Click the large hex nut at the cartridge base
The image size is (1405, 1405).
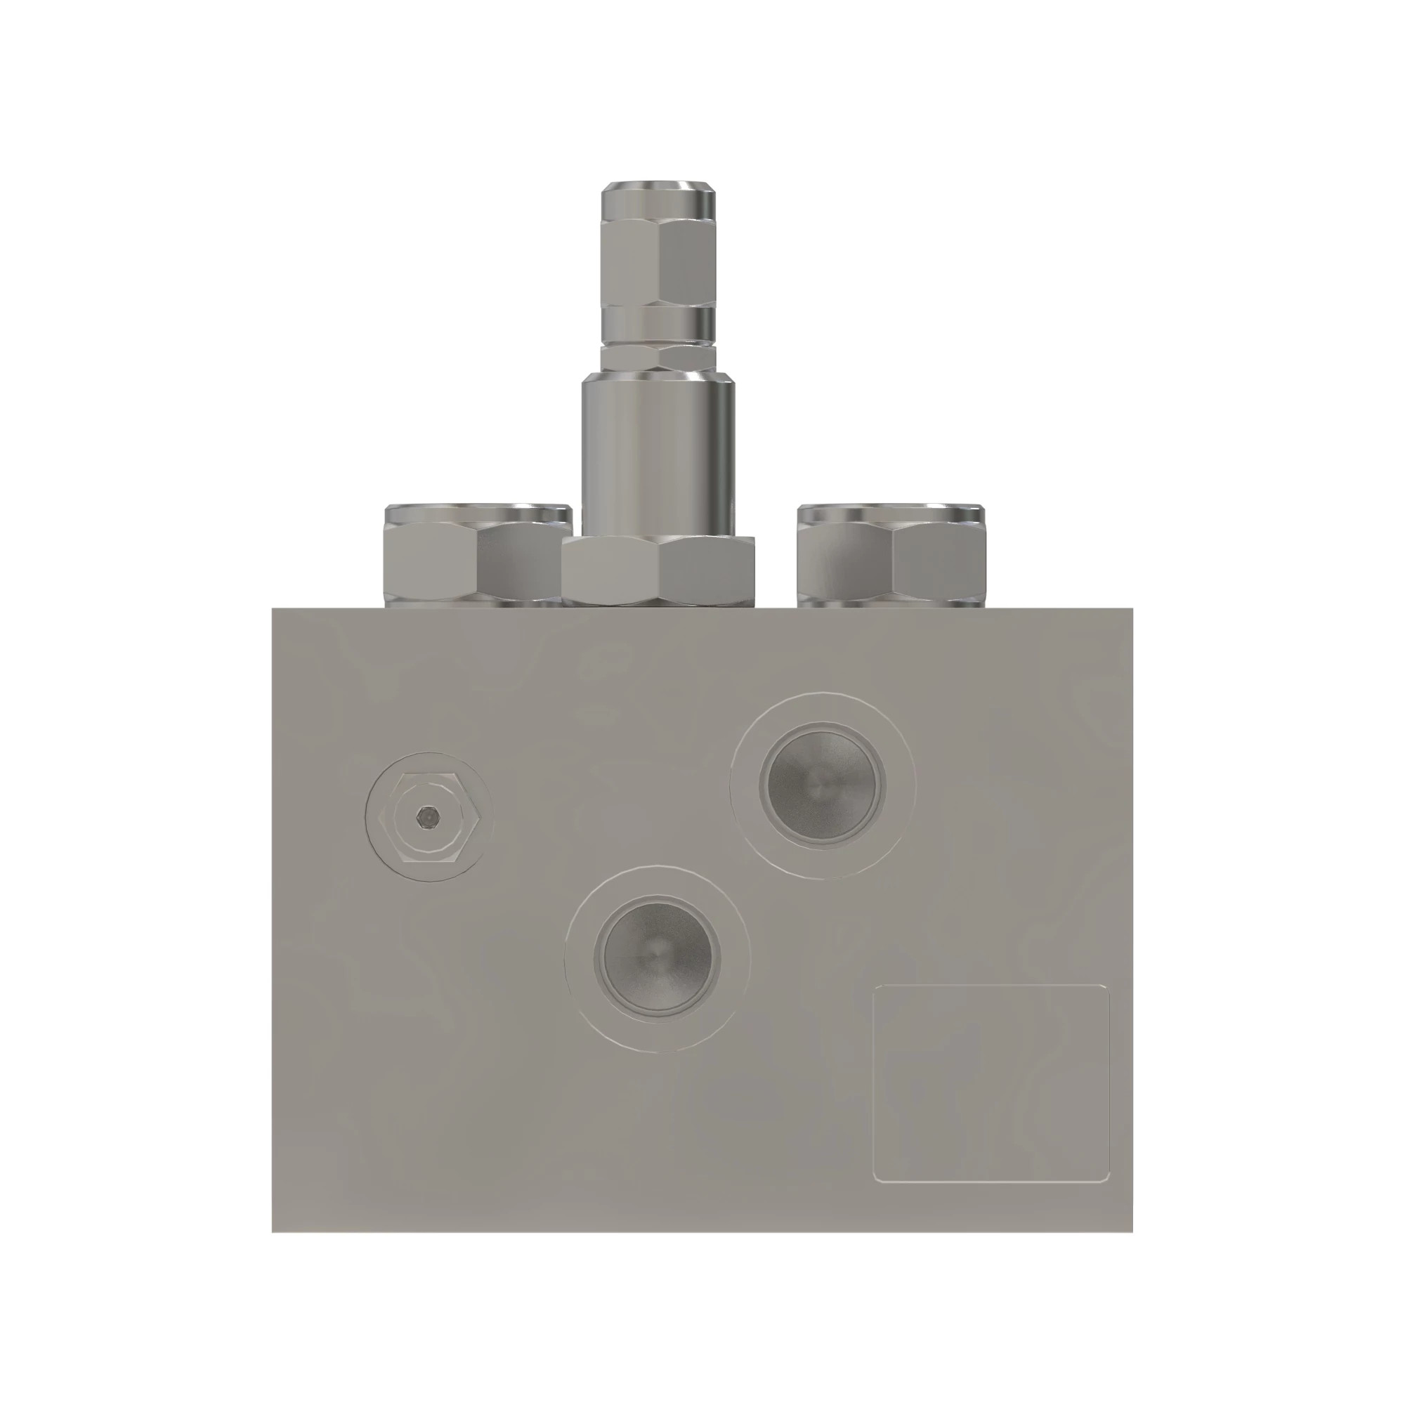point(658,570)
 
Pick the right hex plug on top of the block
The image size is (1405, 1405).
point(890,563)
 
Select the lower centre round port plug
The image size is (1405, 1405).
point(658,958)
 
